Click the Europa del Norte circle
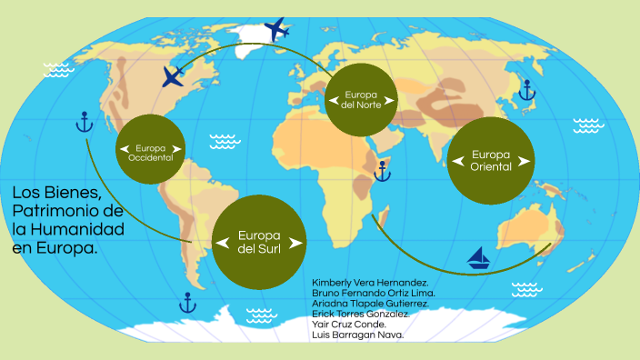362,100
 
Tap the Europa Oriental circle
491,160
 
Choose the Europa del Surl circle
259,241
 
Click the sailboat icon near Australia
479,258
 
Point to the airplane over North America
174,76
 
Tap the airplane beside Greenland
275,27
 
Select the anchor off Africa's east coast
383,170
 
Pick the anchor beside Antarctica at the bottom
188,302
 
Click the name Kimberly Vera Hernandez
371,283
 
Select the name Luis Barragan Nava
357,335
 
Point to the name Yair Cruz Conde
349,324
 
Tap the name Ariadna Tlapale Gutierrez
370,304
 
